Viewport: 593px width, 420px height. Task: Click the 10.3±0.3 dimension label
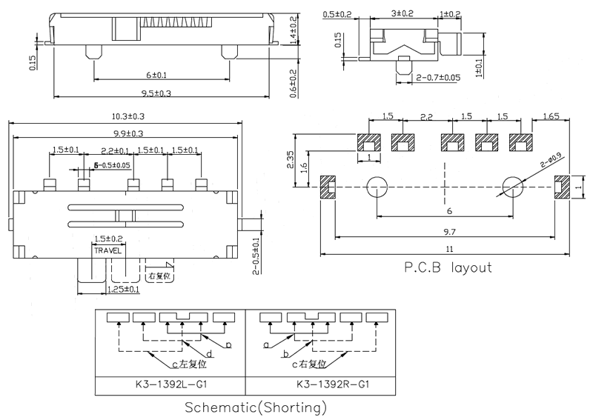(x=127, y=116)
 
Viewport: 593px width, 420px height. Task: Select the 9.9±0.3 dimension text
(x=127, y=133)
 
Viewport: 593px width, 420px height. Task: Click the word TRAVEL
(x=108, y=251)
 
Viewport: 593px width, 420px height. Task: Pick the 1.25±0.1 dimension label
(x=123, y=290)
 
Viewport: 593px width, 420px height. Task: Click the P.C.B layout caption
(x=447, y=267)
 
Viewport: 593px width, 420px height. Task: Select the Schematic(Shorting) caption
(x=255, y=407)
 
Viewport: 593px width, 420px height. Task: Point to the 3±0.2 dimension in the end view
(x=402, y=14)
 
